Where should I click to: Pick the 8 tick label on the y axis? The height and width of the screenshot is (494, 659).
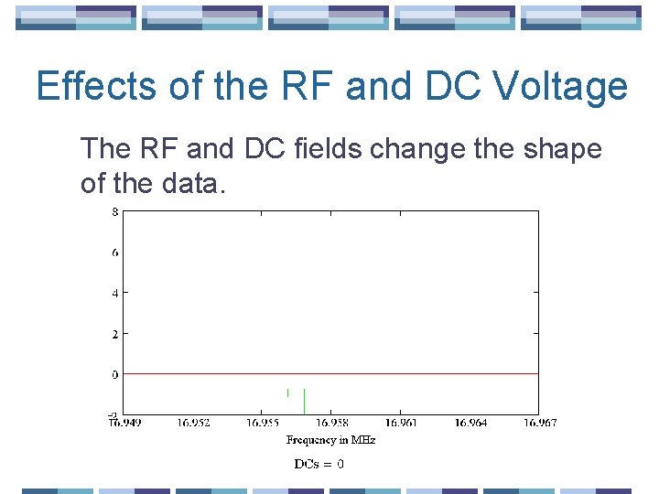(114, 211)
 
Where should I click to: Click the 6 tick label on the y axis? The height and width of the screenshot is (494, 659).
(114, 252)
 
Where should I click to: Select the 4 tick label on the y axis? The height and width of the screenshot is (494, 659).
(114, 293)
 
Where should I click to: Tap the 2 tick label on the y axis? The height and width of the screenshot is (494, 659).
(114, 334)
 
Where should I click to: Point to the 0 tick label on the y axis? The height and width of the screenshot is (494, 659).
(114, 374)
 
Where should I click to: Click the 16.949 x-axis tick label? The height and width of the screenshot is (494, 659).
(124, 423)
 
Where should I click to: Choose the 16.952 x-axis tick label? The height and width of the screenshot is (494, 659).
(193, 423)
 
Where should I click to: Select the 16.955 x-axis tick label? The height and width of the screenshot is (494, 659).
(262, 423)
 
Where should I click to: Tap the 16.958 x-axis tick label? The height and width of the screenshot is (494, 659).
(331, 423)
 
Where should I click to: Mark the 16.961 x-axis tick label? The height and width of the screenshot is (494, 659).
(400, 423)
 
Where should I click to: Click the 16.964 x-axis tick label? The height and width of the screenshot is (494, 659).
(470, 423)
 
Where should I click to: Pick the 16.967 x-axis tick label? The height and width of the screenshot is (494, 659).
(538, 423)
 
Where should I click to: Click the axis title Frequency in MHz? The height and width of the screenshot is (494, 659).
(330, 440)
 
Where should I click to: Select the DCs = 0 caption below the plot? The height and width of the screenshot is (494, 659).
(319, 464)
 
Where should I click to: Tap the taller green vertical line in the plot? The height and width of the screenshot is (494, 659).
(304, 401)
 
